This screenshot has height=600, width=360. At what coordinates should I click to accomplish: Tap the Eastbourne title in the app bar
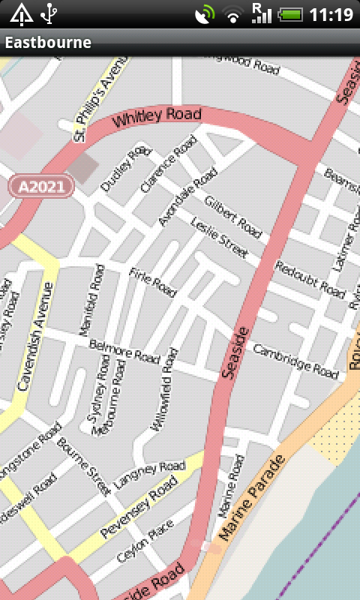(48, 43)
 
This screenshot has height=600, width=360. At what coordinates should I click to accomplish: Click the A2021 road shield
(41, 186)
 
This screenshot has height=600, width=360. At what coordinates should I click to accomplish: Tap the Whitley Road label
(157, 118)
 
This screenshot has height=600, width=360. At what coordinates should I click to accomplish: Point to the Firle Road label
(152, 281)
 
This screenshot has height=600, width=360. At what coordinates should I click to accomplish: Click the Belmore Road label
(124, 351)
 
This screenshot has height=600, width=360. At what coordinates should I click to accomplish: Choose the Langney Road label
(149, 476)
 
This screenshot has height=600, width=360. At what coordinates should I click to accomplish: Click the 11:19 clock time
(331, 13)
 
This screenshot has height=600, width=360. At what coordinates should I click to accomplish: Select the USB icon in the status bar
(49, 13)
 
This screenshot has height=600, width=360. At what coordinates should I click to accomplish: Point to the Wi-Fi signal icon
(235, 13)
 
